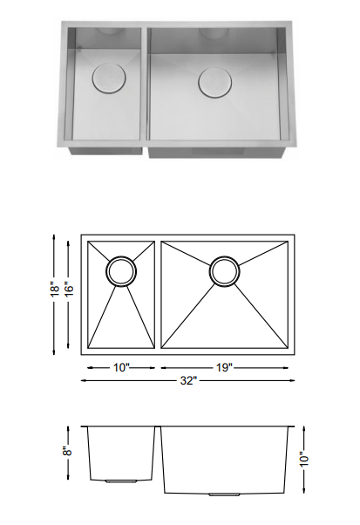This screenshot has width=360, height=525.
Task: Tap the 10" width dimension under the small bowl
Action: pos(121,367)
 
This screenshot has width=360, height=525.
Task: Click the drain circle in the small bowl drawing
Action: pos(121,270)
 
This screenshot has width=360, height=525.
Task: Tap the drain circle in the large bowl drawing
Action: pos(224,271)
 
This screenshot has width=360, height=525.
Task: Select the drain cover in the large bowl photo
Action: pos(214,82)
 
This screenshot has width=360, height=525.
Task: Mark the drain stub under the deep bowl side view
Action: pos(222,494)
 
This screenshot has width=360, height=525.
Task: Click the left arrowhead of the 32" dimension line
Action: pos(85,380)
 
